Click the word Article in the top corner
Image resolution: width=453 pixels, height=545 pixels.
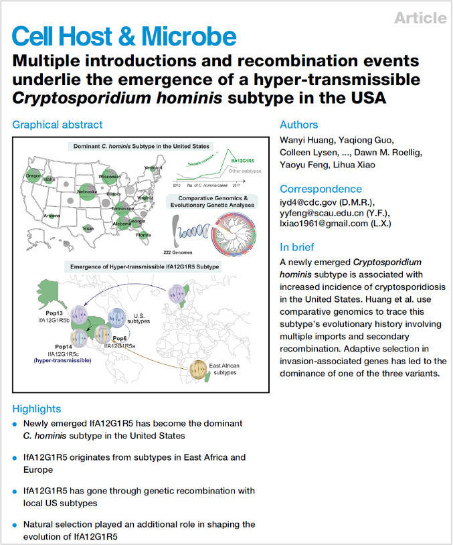coord(420,18)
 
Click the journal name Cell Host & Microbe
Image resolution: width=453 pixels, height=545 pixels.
coord(124,37)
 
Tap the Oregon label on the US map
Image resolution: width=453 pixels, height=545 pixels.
coord(34,176)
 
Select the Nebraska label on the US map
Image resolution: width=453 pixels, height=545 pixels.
coord(87,191)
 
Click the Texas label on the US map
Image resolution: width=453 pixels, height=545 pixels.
coord(88,228)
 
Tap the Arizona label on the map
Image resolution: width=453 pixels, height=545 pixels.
coord(52,216)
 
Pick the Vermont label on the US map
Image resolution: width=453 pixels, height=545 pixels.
coord(153,167)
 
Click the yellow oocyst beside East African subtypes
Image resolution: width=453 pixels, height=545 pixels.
coord(197,368)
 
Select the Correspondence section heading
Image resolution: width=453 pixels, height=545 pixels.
coord(321,189)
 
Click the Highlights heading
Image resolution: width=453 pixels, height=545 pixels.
coord(37,408)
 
